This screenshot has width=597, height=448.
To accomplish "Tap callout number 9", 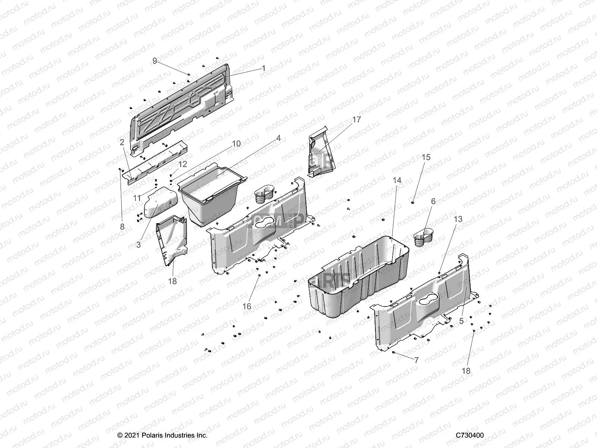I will [155, 60].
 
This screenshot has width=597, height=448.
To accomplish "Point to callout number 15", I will [426, 157].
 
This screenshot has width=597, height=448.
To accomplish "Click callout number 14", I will [397, 180].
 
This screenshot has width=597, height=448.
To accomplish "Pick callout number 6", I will [433, 201].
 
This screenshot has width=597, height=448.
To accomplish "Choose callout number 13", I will [458, 219].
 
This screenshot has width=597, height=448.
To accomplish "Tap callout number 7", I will [416, 360].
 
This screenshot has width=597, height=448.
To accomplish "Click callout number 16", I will [247, 307].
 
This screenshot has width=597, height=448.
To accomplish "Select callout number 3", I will [138, 245].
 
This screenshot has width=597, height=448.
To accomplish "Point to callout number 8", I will [122, 226].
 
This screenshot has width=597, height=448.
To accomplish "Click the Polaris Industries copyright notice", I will [162, 435].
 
